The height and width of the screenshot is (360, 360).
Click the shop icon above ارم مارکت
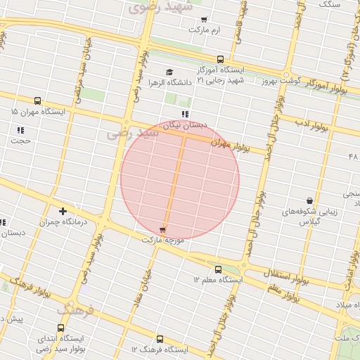click(204, 20)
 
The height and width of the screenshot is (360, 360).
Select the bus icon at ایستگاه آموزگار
click(220, 60)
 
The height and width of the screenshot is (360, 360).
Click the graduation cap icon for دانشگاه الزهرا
click(169, 72)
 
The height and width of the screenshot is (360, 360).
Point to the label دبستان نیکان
click(185, 125)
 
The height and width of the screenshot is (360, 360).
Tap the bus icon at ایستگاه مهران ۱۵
click(37, 101)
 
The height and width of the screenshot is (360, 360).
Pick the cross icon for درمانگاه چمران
click(63, 210)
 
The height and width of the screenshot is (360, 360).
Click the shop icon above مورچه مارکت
click(163, 229)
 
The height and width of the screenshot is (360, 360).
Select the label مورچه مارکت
click(162, 240)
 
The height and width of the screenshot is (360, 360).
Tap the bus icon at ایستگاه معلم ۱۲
click(217, 269)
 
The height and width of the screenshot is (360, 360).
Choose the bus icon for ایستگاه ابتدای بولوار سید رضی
click(60, 328)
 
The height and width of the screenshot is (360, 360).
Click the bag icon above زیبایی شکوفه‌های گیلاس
click(309, 200)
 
